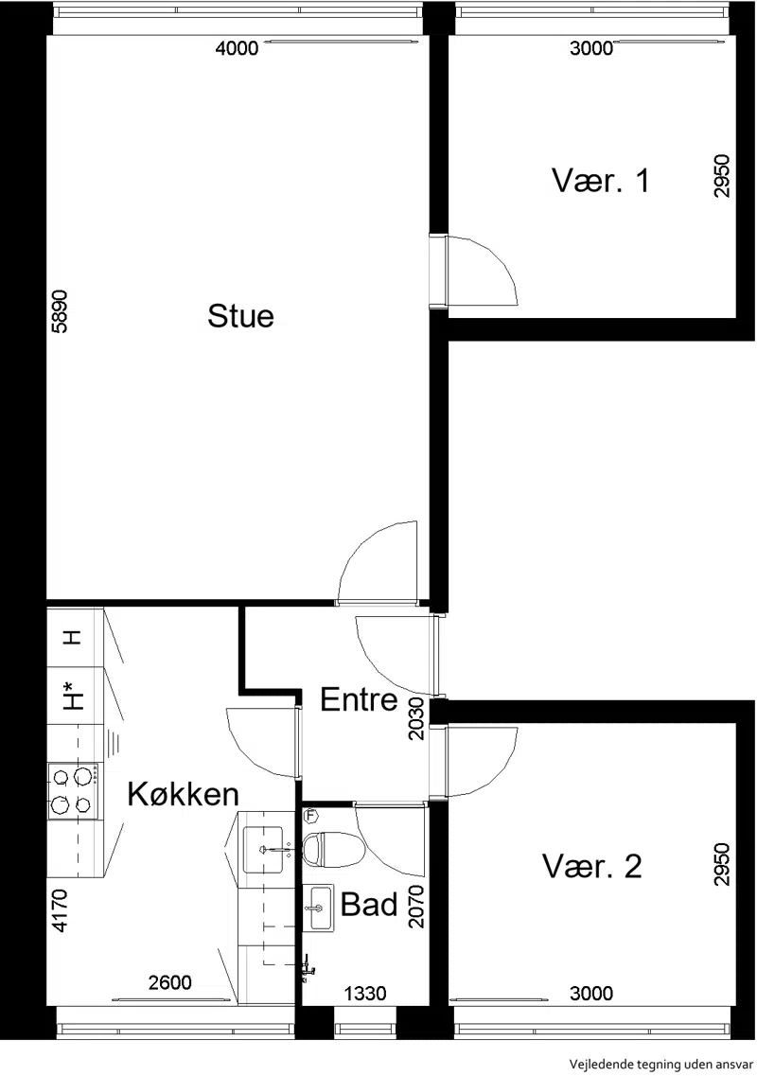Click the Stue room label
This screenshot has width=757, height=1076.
(x=241, y=316)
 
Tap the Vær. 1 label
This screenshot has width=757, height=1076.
(x=601, y=181)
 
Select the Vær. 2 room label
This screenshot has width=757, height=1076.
(x=592, y=866)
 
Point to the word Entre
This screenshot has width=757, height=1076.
(x=359, y=699)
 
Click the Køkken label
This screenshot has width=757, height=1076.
(x=184, y=794)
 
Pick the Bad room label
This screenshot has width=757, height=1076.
(x=369, y=905)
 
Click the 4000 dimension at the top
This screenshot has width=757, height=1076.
(x=237, y=48)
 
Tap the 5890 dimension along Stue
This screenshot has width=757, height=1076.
(x=61, y=311)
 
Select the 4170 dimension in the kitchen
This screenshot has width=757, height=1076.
(x=61, y=910)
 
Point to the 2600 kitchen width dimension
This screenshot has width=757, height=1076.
(x=170, y=983)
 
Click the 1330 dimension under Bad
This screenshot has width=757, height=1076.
(x=365, y=993)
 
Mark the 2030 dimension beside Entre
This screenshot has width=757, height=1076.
(x=416, y=719)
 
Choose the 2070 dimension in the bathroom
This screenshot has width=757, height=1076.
(x=416, y=907)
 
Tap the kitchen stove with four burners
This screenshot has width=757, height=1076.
(x=74, y=790)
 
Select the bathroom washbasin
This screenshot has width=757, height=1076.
(x=319, y=908)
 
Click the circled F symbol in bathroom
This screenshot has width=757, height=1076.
(x=311, y=817)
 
